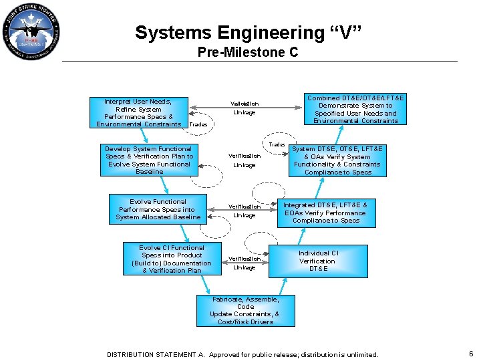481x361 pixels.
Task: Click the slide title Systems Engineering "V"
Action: pos(248,33)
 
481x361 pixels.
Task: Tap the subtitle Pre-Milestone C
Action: pos(248,52)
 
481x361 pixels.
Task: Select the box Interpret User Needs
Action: pos(139,112)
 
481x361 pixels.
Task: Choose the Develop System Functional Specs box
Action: pos(149,160)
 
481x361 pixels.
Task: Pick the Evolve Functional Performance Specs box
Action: pos(158,209)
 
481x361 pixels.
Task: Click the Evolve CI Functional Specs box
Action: pos(172,259)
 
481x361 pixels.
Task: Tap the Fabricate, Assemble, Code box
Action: pos(245,310)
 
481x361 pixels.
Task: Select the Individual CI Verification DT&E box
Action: pos(318,261)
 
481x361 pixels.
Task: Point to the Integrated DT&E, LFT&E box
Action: pos(325,212)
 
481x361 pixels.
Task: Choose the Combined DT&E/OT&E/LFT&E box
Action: pos(355,109)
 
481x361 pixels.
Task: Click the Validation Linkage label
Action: pos(244,108)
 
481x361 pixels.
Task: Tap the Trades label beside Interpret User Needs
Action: pos(198,125)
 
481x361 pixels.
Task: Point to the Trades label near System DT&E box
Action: pos(277,144)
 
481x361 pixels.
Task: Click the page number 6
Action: pos(471,354)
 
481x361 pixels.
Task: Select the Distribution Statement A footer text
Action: pos(243,354)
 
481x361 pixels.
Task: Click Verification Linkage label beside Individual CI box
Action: pos(244,263)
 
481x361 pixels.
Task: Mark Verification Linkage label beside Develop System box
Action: pos(244,160)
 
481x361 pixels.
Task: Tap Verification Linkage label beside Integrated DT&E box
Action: pos(244,211)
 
